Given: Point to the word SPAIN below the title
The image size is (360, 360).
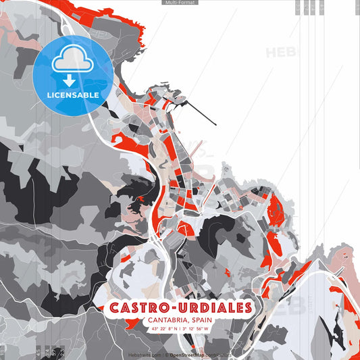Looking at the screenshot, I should tap(204, 321).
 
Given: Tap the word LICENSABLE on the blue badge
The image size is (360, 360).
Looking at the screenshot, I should tap(73, 95).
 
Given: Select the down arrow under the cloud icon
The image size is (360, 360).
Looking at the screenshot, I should tap(73, 80).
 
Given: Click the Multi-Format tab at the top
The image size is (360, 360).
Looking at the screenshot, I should tap(180, 3).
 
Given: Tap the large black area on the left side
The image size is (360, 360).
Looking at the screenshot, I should tap(20, 169).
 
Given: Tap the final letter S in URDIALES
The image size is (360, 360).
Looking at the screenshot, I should tap(248, 308).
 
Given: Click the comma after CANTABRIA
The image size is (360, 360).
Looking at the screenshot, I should tap(187, 323).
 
